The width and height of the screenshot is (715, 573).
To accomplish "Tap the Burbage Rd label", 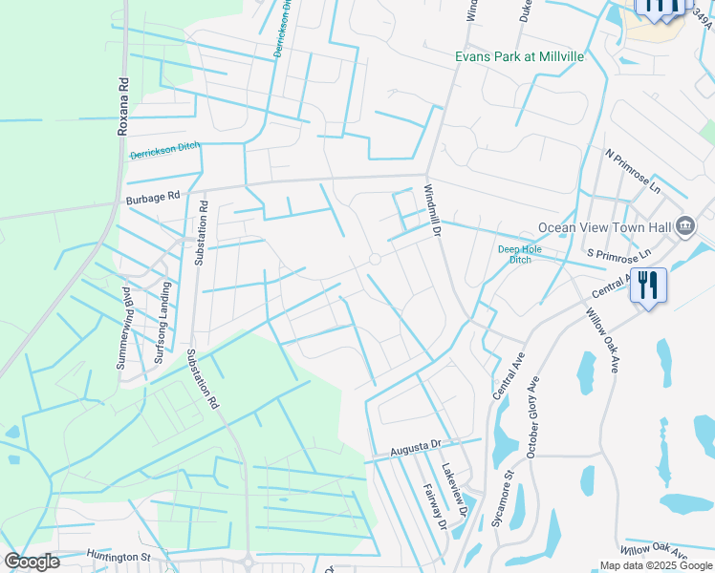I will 153,200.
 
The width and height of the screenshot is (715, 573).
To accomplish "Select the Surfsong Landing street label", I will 164,322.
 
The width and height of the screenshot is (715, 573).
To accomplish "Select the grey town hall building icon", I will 685,226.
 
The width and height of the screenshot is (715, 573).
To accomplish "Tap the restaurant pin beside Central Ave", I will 648,285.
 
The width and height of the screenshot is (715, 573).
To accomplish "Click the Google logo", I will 32,562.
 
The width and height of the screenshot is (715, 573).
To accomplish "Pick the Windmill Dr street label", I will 431,211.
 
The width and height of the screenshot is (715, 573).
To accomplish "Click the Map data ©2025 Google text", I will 656,565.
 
